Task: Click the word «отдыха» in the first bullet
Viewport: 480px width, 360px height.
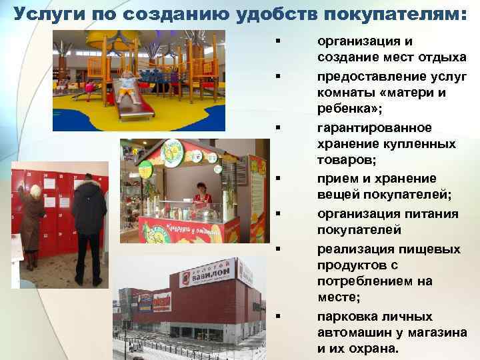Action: click(x=443, y=59)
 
